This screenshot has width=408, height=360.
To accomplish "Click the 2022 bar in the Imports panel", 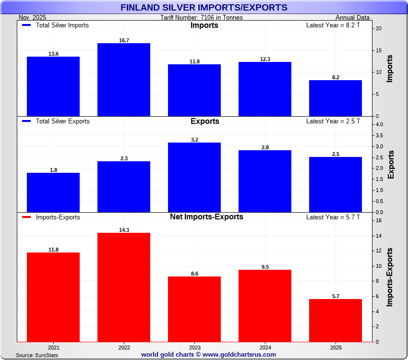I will [124, 80].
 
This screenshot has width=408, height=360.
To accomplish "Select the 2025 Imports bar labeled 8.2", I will [336, 98].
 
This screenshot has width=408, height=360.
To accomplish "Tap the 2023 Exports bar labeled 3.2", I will [194, 177].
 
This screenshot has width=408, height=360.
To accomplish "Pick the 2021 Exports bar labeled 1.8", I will [53, 192].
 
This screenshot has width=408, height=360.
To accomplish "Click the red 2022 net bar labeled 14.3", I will [124, 287].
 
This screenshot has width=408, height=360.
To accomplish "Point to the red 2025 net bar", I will [336, 320].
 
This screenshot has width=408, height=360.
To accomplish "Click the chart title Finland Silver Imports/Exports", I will [204, 8].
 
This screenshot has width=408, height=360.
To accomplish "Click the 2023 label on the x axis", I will [194, 347].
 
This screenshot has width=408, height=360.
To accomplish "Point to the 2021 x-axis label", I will [53, 347].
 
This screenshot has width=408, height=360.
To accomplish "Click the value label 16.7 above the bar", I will [124, 40].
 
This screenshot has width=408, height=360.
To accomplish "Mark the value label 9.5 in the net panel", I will [265, 267].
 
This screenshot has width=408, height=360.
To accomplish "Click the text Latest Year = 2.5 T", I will [333, 121].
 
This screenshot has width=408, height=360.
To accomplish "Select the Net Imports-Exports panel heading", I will [206, 217].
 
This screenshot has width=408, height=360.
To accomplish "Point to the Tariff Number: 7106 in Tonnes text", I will [202, 18].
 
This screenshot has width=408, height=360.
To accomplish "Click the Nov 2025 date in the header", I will [32, 18].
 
